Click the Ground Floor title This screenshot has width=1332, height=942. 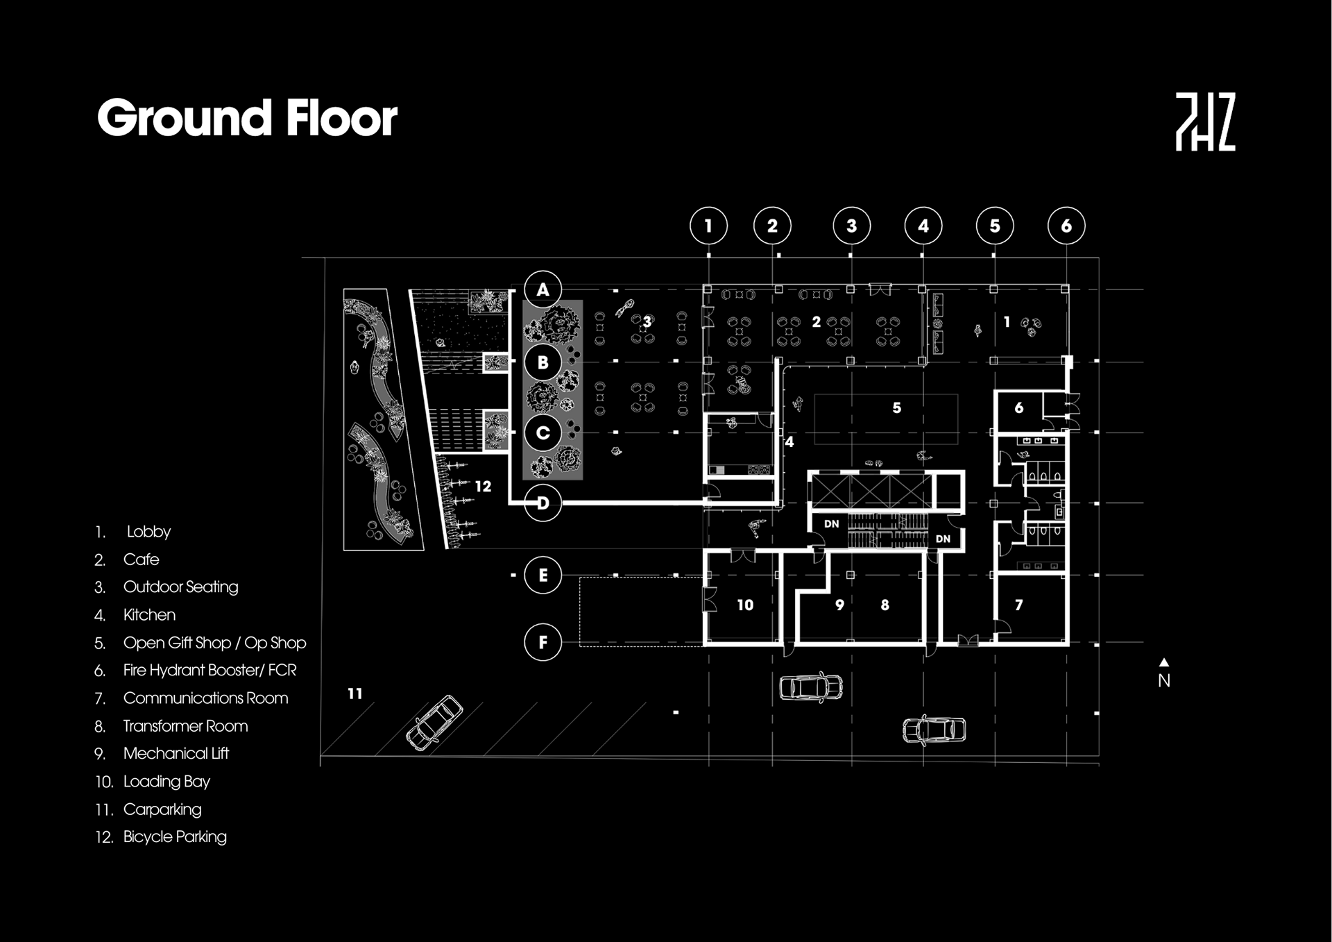point(247,117)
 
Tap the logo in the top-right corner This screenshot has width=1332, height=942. point(1205,122)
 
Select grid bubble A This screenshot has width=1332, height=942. point(543,289)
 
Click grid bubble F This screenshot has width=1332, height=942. point(543,642)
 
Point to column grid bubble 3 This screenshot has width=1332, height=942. point(851,226)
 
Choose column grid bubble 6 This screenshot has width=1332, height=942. point(1066,226)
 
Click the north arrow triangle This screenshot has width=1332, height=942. point(1164,662)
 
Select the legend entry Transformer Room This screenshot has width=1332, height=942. point(185,726)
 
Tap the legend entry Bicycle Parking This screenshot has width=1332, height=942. point(175,837)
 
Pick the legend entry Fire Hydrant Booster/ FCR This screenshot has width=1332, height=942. point(210,671)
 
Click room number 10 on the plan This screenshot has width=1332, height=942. point(745,605)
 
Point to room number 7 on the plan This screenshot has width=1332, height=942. point(1018,605)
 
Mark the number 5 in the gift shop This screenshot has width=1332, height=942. point(896,408)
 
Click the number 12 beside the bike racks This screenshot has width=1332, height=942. point(483,487)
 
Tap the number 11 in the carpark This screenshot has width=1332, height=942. point(355,693)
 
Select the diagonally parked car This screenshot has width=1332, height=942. point(434,723)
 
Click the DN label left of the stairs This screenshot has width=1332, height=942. point(831,524)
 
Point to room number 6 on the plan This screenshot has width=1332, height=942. point(1018,408)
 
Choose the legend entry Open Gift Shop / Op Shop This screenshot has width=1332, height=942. point(214,643)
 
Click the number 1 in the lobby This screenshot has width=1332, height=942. point(1006,322)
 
